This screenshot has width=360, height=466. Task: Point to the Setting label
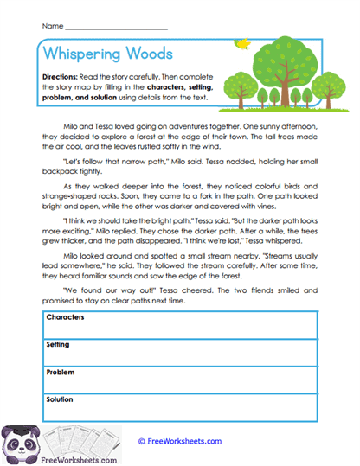coord(58,344)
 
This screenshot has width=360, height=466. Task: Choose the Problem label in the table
coord(61,372)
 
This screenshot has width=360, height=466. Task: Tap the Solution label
coord(61,399)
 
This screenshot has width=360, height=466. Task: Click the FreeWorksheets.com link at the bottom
coord(180,440)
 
